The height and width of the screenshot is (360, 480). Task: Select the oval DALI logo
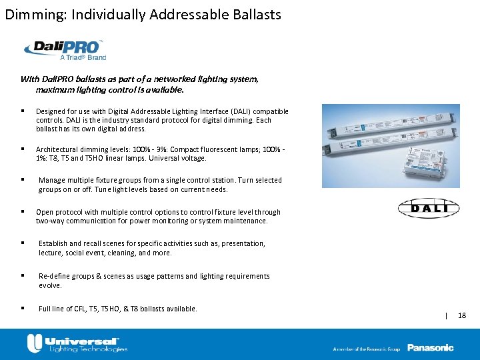429,209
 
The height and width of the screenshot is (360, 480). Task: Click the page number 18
462,315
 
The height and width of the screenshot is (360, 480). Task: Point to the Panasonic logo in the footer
430,347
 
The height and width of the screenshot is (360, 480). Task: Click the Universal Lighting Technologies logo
76,344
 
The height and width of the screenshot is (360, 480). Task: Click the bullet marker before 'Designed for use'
23,111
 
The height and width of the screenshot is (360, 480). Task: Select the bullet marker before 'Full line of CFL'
23,308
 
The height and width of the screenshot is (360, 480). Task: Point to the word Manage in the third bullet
51,180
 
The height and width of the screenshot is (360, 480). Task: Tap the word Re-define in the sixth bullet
54,276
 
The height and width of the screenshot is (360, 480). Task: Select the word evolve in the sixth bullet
49,285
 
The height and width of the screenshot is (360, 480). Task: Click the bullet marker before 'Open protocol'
23,212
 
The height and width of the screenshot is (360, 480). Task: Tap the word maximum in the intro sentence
54,89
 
